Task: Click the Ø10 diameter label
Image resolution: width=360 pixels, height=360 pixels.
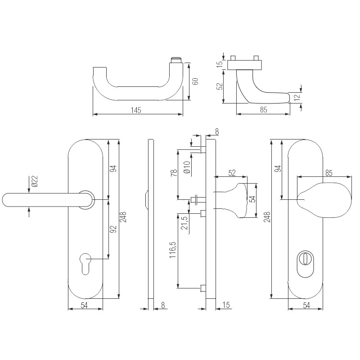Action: tap(186, 168)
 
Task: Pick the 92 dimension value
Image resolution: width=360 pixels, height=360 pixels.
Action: tap(114, 229)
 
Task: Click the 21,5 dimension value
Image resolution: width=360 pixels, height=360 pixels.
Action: tap(184, 223)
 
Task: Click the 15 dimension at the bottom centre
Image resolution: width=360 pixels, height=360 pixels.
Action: tap(226, 306)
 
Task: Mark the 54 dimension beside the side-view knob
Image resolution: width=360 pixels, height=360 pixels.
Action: tap(253, 199)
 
